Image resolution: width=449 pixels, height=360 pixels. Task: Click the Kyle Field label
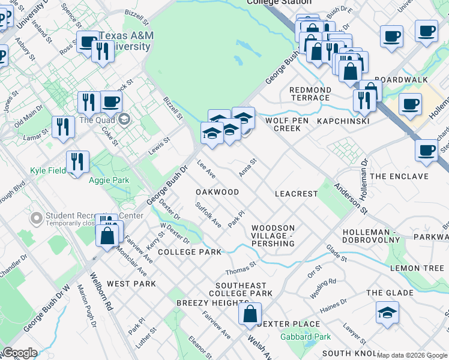tap(48, 171)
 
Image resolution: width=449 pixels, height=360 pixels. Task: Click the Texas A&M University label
tap(127, 41)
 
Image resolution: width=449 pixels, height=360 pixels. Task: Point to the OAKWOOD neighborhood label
tap(217, 192)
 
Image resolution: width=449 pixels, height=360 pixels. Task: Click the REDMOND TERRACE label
tap(310, 94)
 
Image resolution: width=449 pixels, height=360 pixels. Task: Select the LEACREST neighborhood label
tap(295, 194)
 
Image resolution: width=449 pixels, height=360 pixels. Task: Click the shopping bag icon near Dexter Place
tap(250, 314)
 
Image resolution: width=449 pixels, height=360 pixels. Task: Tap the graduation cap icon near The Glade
tap(387, 313)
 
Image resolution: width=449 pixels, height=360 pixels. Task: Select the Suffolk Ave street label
tap(208, 215)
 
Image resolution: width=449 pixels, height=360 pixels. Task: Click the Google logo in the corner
tap(19, 353)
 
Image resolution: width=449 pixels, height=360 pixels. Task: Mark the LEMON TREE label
tap(416, 267)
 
